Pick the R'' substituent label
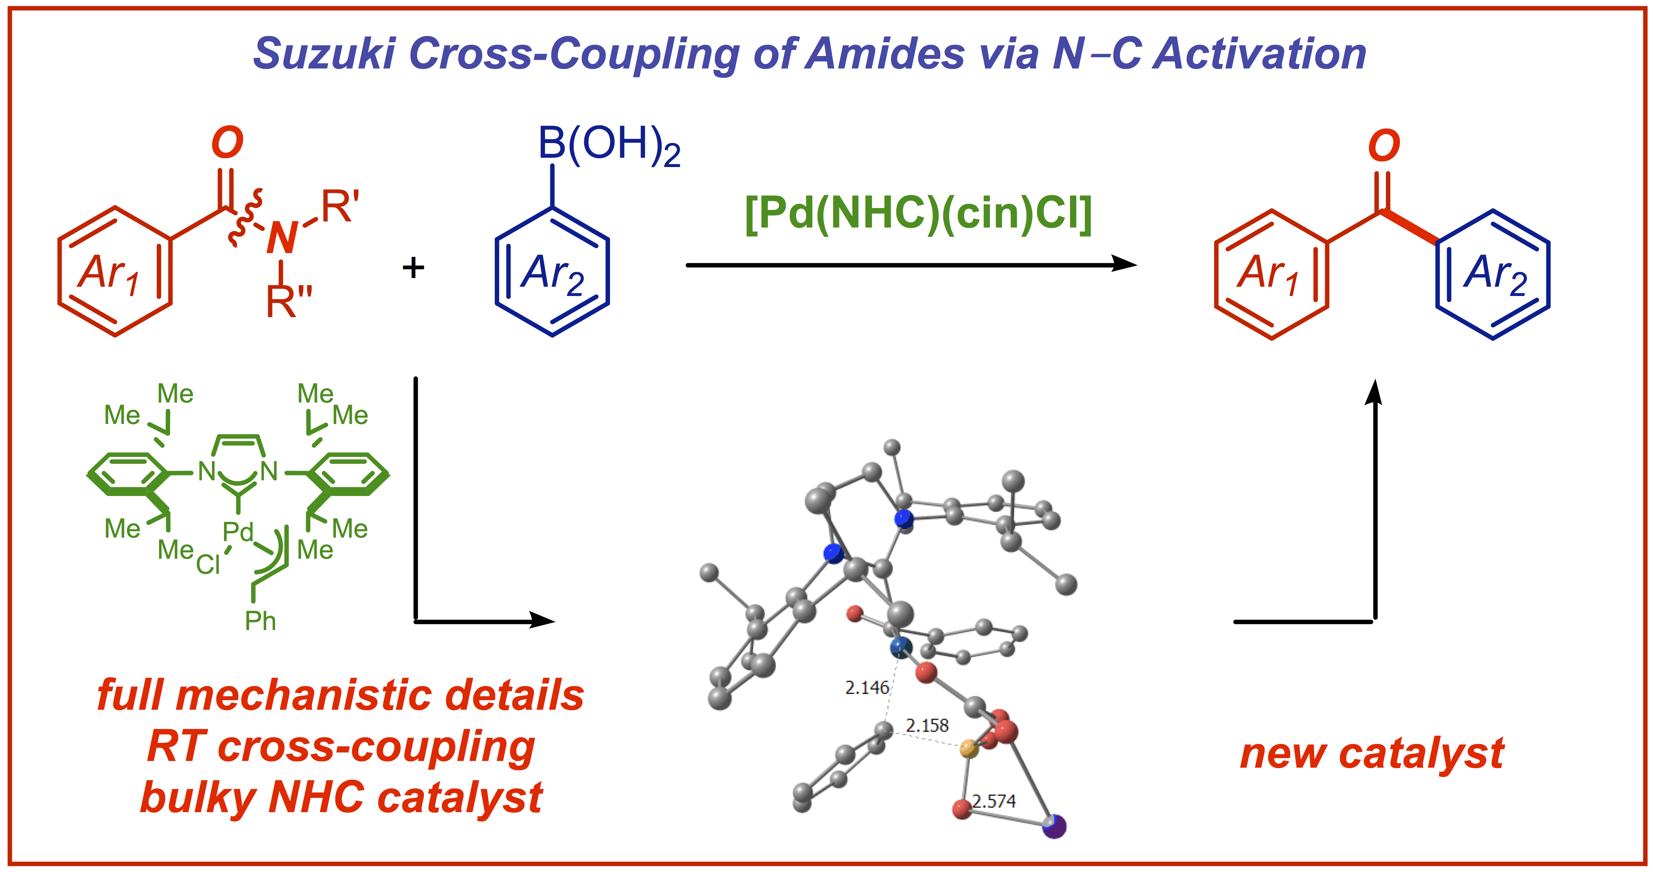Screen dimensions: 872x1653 [289, 301]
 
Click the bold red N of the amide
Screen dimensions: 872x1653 [282, 237]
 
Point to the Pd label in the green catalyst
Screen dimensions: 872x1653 [238, 532]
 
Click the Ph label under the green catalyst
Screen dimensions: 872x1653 [260, 621]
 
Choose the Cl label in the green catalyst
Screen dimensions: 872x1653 [208, 565]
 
